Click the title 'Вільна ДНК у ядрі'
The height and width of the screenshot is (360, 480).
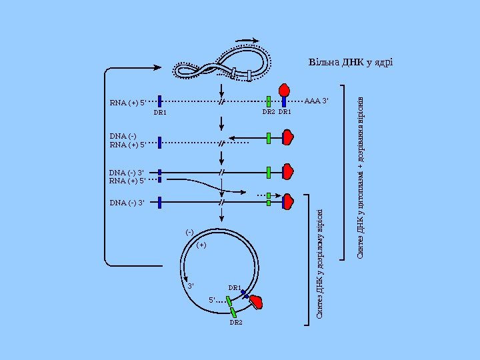point(350,63)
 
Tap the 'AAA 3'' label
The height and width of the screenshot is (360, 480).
point(317,102)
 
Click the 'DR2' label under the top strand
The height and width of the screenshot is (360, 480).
point(268,113)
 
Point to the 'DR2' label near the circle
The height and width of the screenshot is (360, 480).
point(236,323)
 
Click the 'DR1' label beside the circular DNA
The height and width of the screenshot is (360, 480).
point(235,288)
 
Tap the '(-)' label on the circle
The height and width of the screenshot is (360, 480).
point(189,232)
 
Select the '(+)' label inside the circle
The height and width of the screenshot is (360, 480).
point(202,245)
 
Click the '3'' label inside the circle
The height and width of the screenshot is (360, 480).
point(191,286)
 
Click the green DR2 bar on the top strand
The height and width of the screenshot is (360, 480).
point(268,102)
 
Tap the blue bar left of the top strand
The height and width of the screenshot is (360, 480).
point(160,102)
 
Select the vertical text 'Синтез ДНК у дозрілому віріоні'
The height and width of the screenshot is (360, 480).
point(320,263)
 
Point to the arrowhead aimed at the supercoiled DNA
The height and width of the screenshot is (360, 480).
point(157,67)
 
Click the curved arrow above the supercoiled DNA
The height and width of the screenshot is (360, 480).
point(247,39)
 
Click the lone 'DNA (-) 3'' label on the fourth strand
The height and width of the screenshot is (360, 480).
point(127,202)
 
